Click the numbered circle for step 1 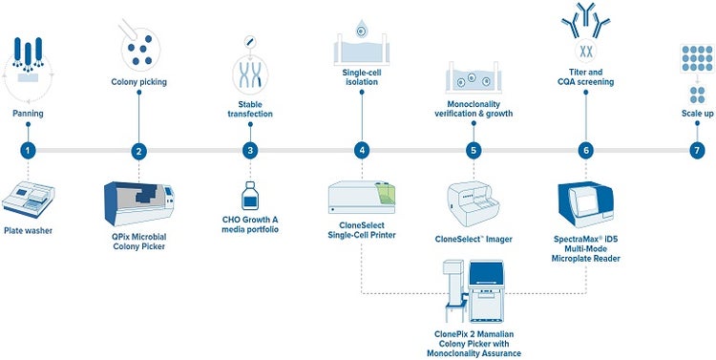pos(30,150)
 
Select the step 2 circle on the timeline pos(139,150)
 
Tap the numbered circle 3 pos(250,150)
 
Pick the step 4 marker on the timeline pos(361,150)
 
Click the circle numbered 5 pos(473,150)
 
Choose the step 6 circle pos(585,150)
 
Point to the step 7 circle pos(697,150)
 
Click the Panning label pos(29,113)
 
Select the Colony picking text pos(139,82)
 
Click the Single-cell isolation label pos(362,76)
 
